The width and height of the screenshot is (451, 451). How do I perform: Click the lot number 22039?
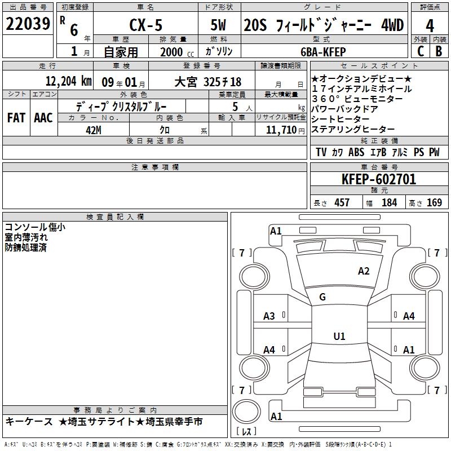click(28, 24)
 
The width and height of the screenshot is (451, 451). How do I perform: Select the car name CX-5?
click(146, 25)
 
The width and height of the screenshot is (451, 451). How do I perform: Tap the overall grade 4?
click(430, 26)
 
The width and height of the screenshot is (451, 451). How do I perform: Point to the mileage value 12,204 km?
click(69, 81)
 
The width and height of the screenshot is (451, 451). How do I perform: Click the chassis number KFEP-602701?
click(379, 179)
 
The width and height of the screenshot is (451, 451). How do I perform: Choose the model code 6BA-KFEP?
click(323, 52)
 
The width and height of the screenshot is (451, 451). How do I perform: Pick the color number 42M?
click(94, 130)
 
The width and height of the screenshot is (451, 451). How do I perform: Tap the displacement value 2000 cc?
click(177, 52)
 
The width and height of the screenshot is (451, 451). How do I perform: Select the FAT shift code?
click(16, 118)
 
